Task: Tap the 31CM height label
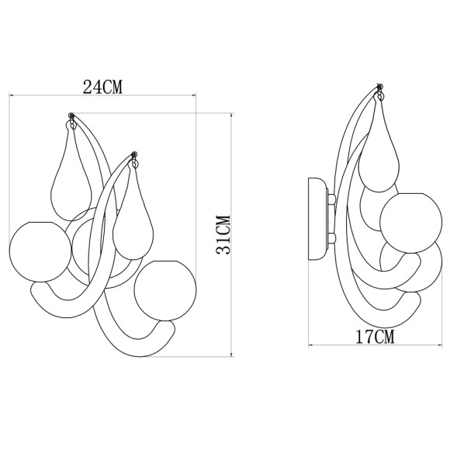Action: click(223, 234)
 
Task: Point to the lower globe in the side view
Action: click(413, 268)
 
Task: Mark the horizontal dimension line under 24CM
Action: click(103, 95)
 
